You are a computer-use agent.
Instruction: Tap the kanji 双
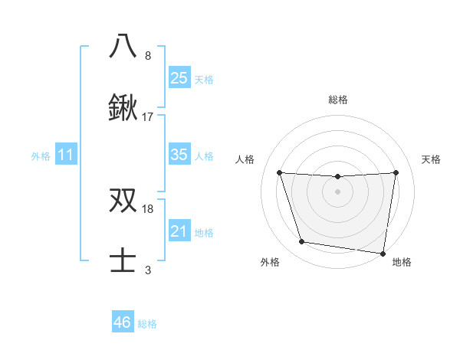coord(123,200)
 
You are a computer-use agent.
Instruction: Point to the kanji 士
coord(123,262)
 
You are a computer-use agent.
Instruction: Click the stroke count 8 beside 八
coord(148,56)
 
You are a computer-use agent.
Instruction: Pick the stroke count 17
coord(148,117)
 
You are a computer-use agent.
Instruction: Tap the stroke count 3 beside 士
coord(148,270)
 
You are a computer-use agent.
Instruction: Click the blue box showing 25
coord(179,78)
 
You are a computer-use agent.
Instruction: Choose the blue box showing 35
coord(179,155)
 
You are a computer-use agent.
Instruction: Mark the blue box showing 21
coord(179,231)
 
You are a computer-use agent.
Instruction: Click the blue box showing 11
coord(66,155)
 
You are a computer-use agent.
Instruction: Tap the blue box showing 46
coord(123,322)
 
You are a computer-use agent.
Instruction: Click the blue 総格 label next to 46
coord(147,324)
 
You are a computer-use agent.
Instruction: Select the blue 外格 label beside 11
coord(41,156)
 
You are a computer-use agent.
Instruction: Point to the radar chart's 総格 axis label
coord(337,100)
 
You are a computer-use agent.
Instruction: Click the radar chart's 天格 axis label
coord(432,159)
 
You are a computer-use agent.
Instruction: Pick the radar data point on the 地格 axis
coord(383,253)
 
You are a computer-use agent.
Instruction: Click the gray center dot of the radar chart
coord(337,191)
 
